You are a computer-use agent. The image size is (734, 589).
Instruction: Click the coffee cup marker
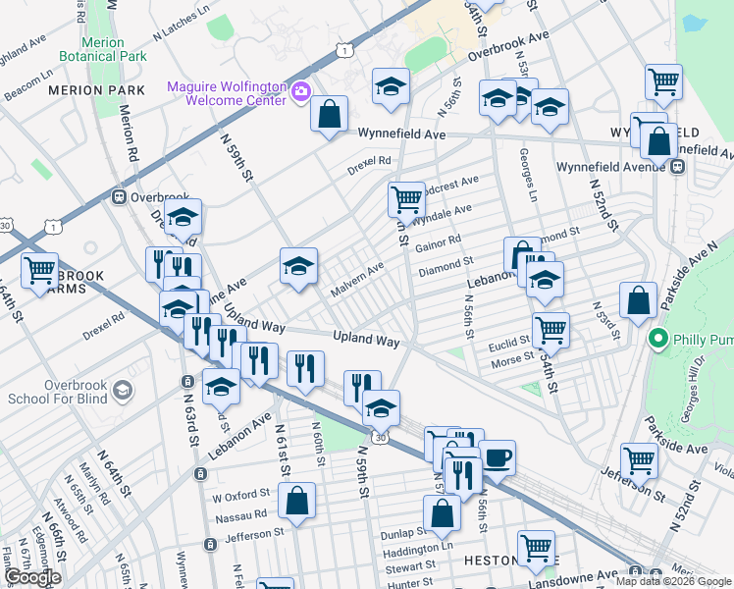point(497,456)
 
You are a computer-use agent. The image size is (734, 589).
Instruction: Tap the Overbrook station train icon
point(119,196)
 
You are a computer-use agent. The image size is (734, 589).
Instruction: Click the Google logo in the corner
point(32,578)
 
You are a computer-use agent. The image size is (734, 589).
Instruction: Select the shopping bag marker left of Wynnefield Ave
point(329,113)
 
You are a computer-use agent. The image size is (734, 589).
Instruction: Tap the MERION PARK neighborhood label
point(96,90)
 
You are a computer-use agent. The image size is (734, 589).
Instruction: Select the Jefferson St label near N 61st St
point(253,533)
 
